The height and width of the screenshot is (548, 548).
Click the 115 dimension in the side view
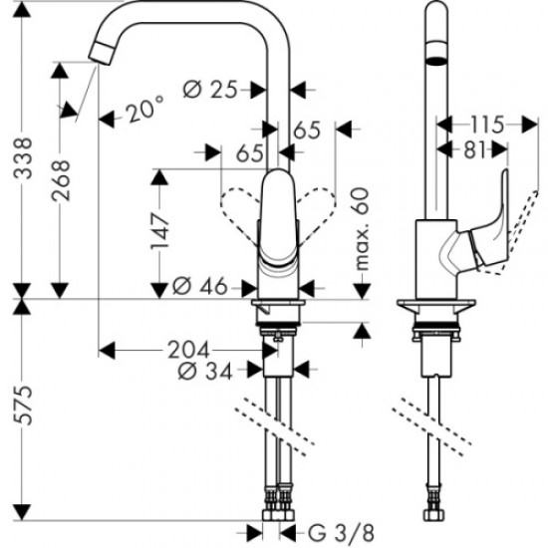[485, 125]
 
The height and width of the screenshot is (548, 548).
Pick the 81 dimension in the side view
[474, 150]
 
